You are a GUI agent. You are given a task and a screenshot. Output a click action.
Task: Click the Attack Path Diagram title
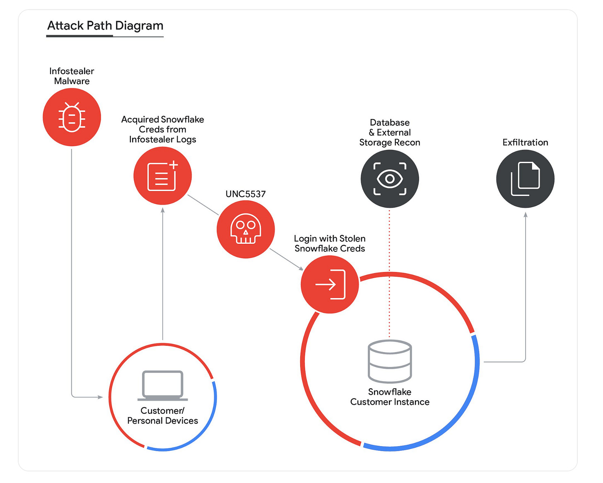(x=105, y=26)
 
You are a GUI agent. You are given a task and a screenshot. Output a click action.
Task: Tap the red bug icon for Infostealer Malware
(x=72, y=117)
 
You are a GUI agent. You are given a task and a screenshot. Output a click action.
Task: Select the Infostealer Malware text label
(x=72, y=76)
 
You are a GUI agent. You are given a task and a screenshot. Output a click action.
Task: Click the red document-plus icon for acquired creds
(x=162, y=176)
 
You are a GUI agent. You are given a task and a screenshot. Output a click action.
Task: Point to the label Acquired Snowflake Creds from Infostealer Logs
(x=162, y=129)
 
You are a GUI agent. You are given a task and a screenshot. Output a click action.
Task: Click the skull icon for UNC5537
(x=246, y=229)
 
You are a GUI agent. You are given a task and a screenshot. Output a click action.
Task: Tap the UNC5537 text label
(x=246, y=194)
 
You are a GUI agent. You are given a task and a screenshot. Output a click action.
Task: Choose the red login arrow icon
(x=330, y=284)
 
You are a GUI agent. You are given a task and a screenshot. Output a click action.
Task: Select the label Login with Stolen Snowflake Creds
(x=330, y=244)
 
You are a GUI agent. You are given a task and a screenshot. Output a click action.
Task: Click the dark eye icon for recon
(x=390, y=179)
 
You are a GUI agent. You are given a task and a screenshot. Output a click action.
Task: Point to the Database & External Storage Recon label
(x=390, y=133)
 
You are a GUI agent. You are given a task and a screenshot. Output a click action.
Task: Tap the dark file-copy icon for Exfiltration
(x=525, y=179)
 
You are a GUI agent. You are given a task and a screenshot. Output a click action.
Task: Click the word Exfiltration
(x=525, y=142)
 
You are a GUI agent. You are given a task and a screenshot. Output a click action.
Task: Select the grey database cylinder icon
(x=390, y=361)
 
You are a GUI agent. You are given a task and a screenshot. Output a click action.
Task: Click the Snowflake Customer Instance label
(x=390, y=397)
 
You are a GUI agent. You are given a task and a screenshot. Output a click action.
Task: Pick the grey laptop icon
(x=162, y=385)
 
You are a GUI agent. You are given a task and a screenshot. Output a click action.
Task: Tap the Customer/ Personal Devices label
(x=162, y=415)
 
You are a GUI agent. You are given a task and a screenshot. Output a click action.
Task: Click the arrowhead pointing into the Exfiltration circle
(x=526, y=215)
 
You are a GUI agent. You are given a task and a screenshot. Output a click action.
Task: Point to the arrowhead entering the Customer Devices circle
(x=100, y=397)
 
